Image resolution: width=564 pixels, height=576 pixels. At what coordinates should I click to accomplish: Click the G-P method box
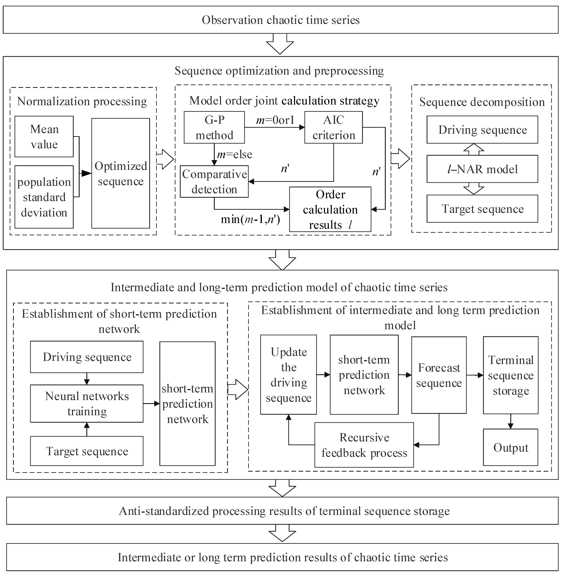214,127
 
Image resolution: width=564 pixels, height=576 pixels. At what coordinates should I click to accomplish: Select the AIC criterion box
333,127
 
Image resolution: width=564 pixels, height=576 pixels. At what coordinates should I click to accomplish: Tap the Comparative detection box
214,182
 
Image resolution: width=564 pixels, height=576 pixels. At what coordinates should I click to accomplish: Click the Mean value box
44,137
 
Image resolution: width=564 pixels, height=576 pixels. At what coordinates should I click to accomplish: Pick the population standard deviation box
44,197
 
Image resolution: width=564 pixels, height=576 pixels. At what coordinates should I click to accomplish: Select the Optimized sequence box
121,173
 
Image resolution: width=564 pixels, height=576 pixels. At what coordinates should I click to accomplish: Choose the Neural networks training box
87,403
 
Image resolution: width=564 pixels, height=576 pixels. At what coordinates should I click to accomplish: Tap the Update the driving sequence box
288,375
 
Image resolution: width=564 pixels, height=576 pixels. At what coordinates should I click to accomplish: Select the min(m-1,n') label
250,219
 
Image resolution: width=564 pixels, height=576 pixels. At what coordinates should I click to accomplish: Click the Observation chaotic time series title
281,20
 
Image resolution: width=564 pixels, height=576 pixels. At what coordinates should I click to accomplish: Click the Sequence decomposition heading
482,102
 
